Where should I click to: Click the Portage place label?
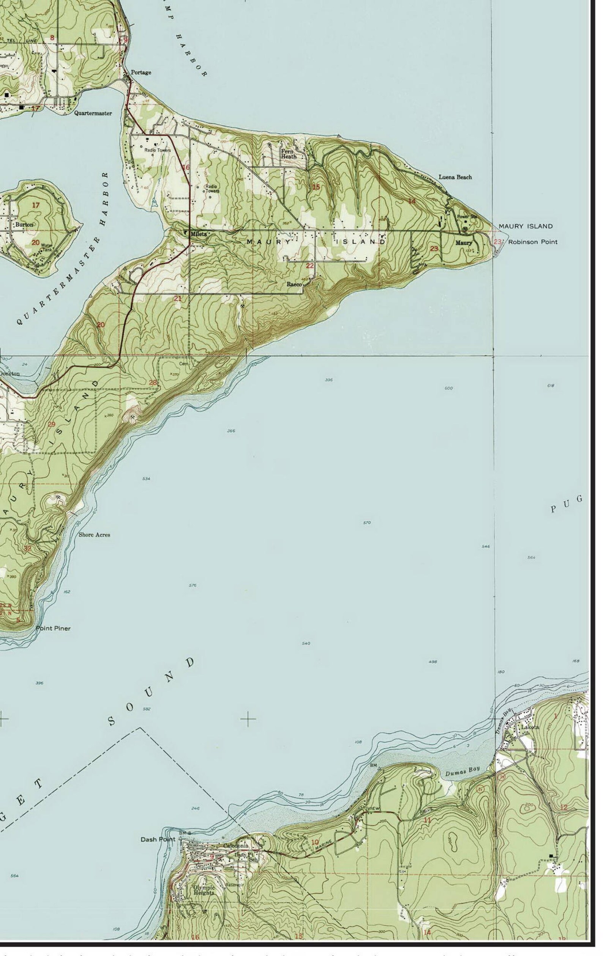(141, 72)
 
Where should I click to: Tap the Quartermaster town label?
(93, 113)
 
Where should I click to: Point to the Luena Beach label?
(455, 177)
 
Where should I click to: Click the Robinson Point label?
(533, 242)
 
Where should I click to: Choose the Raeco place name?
(294, 284)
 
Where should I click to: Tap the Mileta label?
(199, 234)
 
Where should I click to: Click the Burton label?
(24, 224)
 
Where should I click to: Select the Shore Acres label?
(94, 535)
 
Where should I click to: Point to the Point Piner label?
(53, 628)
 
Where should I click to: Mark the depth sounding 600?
(448, 388)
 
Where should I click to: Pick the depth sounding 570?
(367, 523)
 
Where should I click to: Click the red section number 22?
(310, 266)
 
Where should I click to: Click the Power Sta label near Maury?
(467, 217)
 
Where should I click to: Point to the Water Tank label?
(47, 247)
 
